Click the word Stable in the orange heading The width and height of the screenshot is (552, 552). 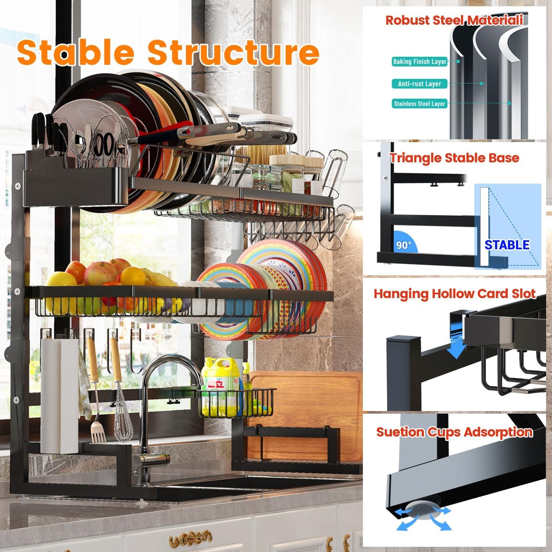pos(76,53)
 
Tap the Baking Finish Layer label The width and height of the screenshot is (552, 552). pos(419,62)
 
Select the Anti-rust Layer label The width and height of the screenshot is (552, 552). pos(419,84)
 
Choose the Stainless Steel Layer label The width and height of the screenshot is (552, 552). pos(419,104)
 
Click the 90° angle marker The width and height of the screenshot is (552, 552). pos(403,245)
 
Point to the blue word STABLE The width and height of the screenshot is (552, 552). pos(507,245)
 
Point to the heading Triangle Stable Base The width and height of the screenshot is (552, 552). pos(454,158)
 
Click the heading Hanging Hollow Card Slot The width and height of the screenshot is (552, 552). pos(454,294)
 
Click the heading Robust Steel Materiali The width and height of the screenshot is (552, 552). pos(454,20)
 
